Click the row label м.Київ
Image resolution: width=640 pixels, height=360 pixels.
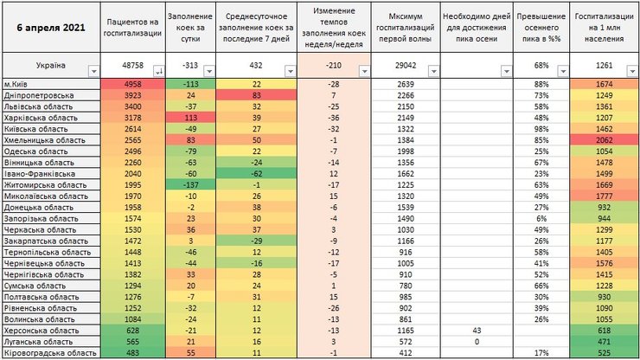[26, 83]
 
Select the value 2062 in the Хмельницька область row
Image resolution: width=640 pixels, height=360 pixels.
[605, 139]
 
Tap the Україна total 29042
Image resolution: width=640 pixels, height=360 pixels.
[405, 65]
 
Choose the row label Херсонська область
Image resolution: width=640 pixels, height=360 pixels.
[42, 331]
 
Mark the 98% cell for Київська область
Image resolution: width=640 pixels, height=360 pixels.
[541, 128]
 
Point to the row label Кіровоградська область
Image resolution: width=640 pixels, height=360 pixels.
[48, 354]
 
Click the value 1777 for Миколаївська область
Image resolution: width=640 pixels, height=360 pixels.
[605, 196]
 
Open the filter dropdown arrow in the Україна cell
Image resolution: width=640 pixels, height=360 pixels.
[93, 71]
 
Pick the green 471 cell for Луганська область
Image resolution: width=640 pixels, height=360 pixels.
[605, 343]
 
